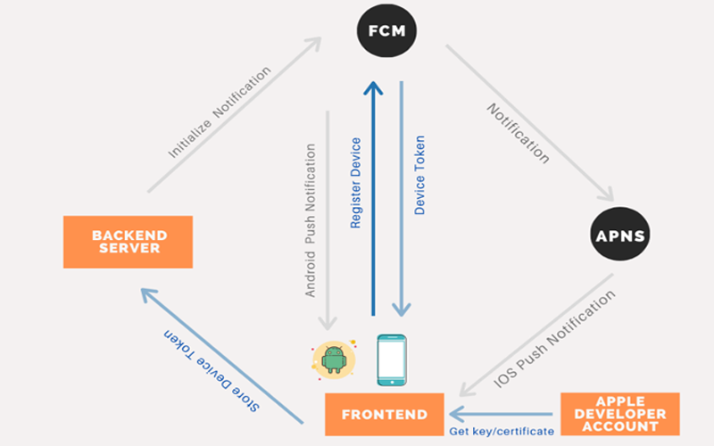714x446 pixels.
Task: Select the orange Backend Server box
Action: pos(129,242)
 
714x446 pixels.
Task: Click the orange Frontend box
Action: pos(385,415)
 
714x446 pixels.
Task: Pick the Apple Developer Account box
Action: pos(620,414)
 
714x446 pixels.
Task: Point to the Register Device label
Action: pos(356,183)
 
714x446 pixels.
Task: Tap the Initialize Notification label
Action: pos(219,112)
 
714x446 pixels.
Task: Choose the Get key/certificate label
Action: pos(501,431)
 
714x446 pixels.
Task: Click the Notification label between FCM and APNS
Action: pos(518,132)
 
